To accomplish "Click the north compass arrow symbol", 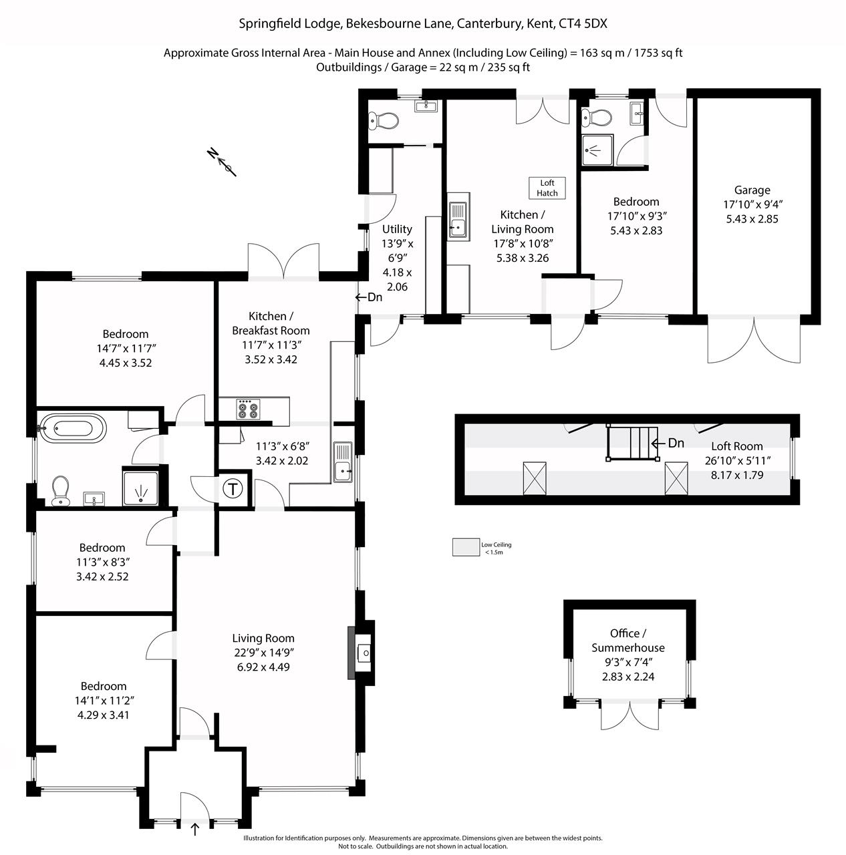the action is click(x=222, y=162).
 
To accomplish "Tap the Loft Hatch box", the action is click(x=547, y=188).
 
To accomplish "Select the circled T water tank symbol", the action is click(x=233, y=489).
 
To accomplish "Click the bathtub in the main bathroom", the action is click(x=74, y=429).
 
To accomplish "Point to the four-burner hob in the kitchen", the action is click(x=248, y=409).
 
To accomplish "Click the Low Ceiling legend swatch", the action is click(x=466, y=547).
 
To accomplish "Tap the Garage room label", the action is click(x=752, y=190).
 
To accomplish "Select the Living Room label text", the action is click(x=263, y=638).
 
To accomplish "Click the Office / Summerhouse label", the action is click(x=628, y=641).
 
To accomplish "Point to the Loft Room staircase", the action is click(x=633, y=442).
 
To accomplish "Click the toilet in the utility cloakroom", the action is click(x=384, y=120).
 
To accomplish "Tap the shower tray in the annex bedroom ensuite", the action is click(x=598, y=150).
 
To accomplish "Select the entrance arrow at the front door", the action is click(x=194, y=829).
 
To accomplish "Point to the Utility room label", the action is click(x=397, y=229).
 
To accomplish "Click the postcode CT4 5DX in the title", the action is click(x=582, y=23).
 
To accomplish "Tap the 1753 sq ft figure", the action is click(x=658, y=53).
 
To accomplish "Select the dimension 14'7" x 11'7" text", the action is click(x=126, y=348).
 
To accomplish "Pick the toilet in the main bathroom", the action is click(x=60, y=491).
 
